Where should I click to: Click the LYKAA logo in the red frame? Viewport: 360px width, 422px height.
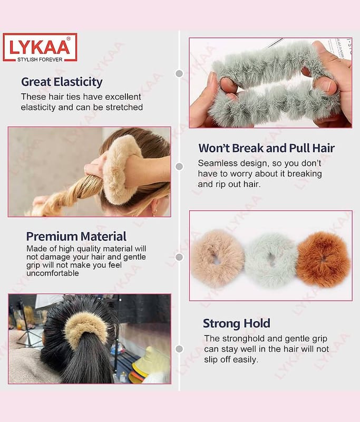(40, 47)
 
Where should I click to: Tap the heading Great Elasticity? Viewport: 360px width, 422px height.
(62, 82)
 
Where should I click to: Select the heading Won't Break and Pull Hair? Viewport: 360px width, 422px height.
(266, 148)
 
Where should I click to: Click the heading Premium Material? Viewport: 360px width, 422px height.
(76, 236)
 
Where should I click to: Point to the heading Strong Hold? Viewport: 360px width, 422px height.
(237, 323)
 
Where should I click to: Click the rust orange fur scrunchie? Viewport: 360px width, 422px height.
(324, 259)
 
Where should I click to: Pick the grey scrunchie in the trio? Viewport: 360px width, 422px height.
(271, 260)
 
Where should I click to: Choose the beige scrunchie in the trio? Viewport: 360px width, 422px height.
(218, 258)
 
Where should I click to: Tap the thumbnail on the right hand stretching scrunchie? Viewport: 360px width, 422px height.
(328, 87)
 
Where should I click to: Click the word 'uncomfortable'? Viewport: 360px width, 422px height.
(53, 273)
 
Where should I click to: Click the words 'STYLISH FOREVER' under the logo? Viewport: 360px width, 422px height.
(40, 60)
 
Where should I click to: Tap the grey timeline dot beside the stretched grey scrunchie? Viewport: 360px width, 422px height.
(179, 73)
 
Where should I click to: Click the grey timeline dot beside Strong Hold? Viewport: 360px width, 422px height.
(179, 349)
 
